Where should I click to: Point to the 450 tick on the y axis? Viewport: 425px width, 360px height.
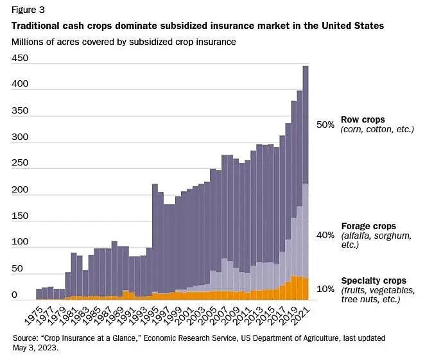[21, 58]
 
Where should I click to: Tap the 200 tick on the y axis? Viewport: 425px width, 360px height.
[21, 190]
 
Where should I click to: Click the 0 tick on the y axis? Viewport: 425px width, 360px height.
[14, 295]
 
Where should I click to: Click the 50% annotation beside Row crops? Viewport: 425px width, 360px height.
[325, 124]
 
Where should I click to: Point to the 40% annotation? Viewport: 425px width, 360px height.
[325, 236]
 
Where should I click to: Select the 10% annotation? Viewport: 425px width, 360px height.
[325, 289]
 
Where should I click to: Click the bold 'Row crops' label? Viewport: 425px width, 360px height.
[363, 119]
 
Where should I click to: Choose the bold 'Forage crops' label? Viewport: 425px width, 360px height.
[368, 226]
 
